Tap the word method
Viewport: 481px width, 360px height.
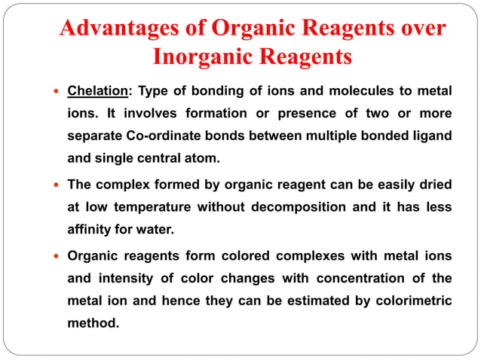pos(93,324)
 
